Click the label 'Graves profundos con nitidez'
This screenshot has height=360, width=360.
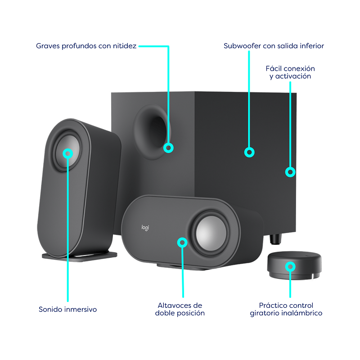point(86,46)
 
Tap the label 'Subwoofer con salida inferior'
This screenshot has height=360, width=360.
point(274,46)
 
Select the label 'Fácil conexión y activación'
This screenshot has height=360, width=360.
point(290,72)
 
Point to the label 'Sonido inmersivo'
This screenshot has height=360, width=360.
point(68,309)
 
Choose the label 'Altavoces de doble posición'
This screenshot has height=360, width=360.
point(180,309)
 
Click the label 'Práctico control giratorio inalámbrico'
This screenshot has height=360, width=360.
point(286,309)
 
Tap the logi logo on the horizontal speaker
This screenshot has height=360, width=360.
point(145,228)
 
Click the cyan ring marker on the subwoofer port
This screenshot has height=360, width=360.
point(168,148)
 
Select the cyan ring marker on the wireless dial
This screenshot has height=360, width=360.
point(290,266)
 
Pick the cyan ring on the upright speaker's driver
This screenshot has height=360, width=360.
point(68,153)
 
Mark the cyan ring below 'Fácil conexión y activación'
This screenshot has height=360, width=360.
point(290,172)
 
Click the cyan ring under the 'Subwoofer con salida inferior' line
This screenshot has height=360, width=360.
point(249,152)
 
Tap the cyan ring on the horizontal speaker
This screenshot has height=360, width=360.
point(182,243)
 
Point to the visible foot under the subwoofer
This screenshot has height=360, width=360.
point(275,239)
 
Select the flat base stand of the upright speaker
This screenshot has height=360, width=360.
point(80,256)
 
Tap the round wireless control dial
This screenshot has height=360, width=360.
point(294,265)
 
